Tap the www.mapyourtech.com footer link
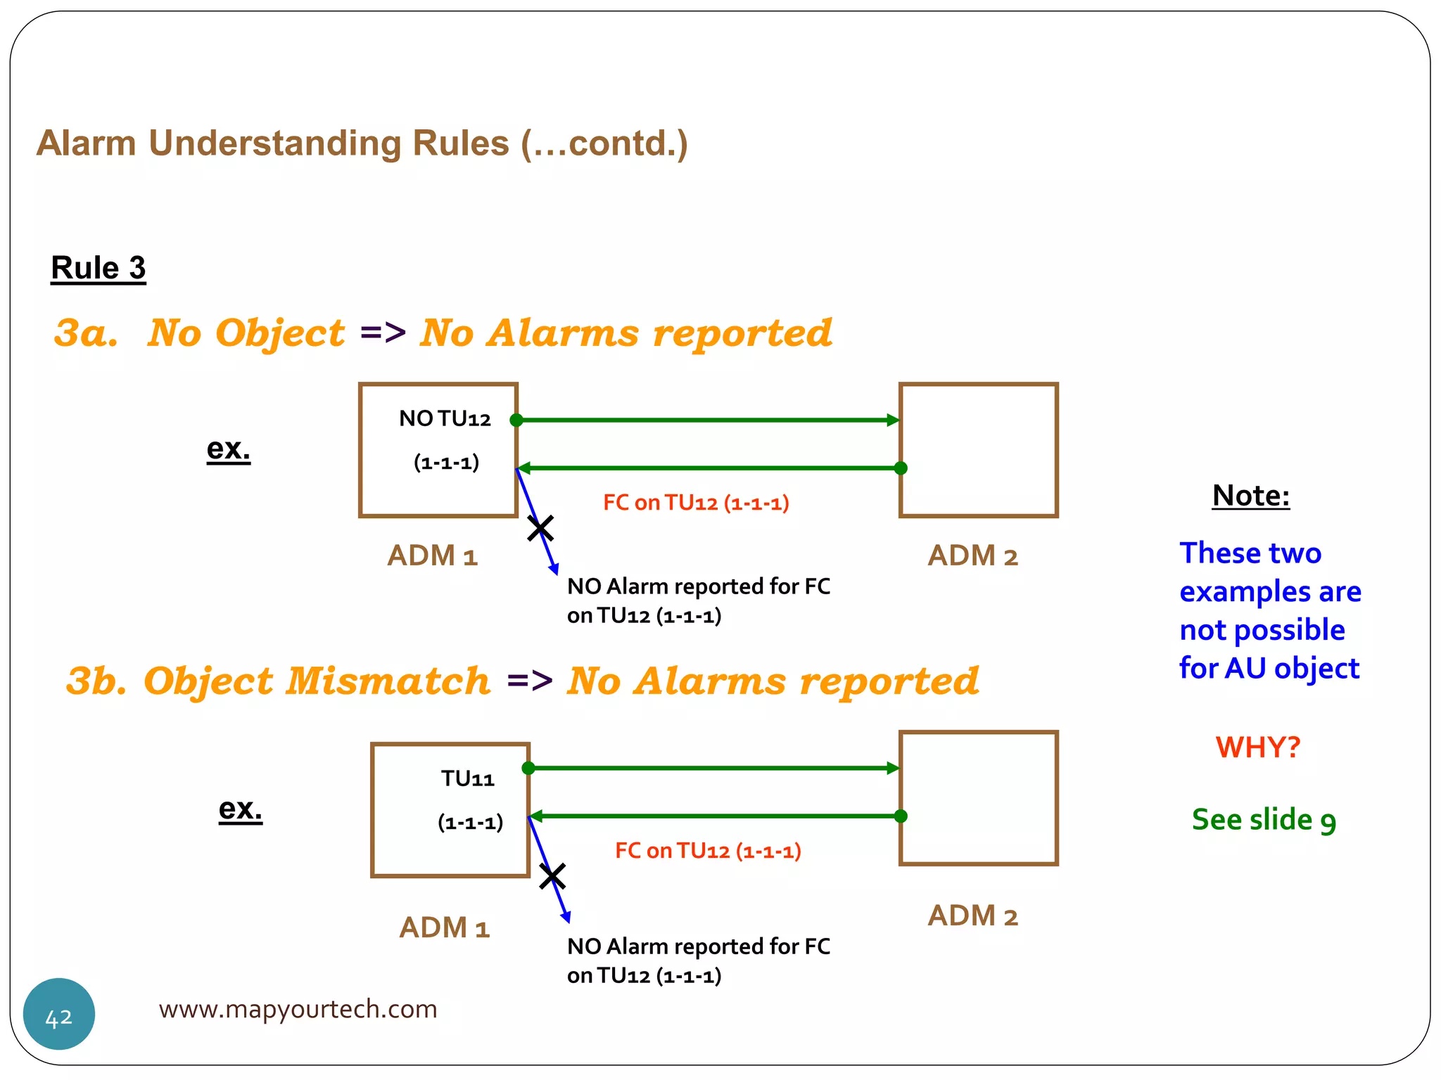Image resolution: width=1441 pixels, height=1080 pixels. pyautogui.click(x=298, y=1009)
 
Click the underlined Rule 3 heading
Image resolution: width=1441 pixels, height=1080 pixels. pyautogui.click(x=99, y=268)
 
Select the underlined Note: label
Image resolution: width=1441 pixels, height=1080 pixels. pyautogui.click(x=1250, y=496)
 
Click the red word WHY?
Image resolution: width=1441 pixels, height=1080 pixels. pyautogui.click(x=1257, y=747)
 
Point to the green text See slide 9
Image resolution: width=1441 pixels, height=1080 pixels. pyautogui.click(x=1264, y=820)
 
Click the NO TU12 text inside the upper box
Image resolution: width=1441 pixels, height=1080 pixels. pyautogui.click(x=445, y=419)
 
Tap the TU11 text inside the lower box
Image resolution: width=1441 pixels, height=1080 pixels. pyautogui.click(x=467, y=779)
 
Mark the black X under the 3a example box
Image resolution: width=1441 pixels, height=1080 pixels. pyautogui.click(x=540, y=528)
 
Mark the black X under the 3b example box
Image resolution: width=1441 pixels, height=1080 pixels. pyautogui.click(x=552, y=877)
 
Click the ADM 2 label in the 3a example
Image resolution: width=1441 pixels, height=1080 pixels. pyautogui.click(x=972, y=556)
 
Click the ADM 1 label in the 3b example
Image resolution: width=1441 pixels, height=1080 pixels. pyautogui.click(x=444, y=928)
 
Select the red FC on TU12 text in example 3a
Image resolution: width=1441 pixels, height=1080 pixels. pyautogui.click(x=696, y=503)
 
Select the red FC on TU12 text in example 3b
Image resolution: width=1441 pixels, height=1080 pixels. pyautogui.click(x=708, y=851)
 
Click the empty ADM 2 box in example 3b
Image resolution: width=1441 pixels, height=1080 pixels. pyautogui.click(x=978, y=798)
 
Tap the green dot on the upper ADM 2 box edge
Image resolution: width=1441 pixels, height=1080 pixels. pyautogui.click(x=901, y=468)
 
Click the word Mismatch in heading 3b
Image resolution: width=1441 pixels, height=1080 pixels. pyautogui.click(x=387, y=681)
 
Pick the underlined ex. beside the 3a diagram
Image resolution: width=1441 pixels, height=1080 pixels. pyautogui.click(x=228, y=449)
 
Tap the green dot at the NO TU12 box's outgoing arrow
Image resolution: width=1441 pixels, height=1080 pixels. pyautogui.click(x=516, y=420)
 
